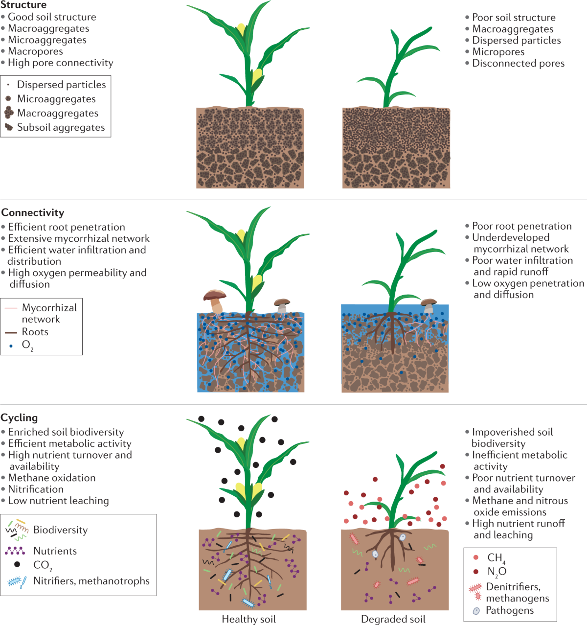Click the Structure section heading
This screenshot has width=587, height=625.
pos(23,5)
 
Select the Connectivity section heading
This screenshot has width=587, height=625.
pos(33,212)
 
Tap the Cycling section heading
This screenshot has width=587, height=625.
pos(19,417)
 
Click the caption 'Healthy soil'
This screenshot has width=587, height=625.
pos(248,619)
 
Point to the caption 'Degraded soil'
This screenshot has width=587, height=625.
pos(393,619)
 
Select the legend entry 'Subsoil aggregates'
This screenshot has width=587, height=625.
pos(61,127)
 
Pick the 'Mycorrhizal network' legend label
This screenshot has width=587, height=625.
pos(49,313)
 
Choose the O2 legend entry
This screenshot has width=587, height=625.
pos(27,345)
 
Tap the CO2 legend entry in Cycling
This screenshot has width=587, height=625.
pos(42,565)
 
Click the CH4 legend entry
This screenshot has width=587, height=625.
pos(495,557)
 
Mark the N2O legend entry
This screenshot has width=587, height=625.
pos(497,571)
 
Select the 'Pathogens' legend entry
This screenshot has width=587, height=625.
pos(509,610)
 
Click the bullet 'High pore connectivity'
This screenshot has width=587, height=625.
pos(60,63)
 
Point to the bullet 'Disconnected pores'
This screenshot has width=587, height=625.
pos(518,63)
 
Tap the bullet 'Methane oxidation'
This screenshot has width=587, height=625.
pos(51,478)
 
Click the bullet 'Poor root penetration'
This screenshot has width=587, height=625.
pos(521,226)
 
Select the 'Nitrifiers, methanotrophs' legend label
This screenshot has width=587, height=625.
pos(91,581)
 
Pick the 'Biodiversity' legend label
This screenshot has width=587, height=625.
pos(60,530)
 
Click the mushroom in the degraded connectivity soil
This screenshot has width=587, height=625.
pos(429,305)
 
